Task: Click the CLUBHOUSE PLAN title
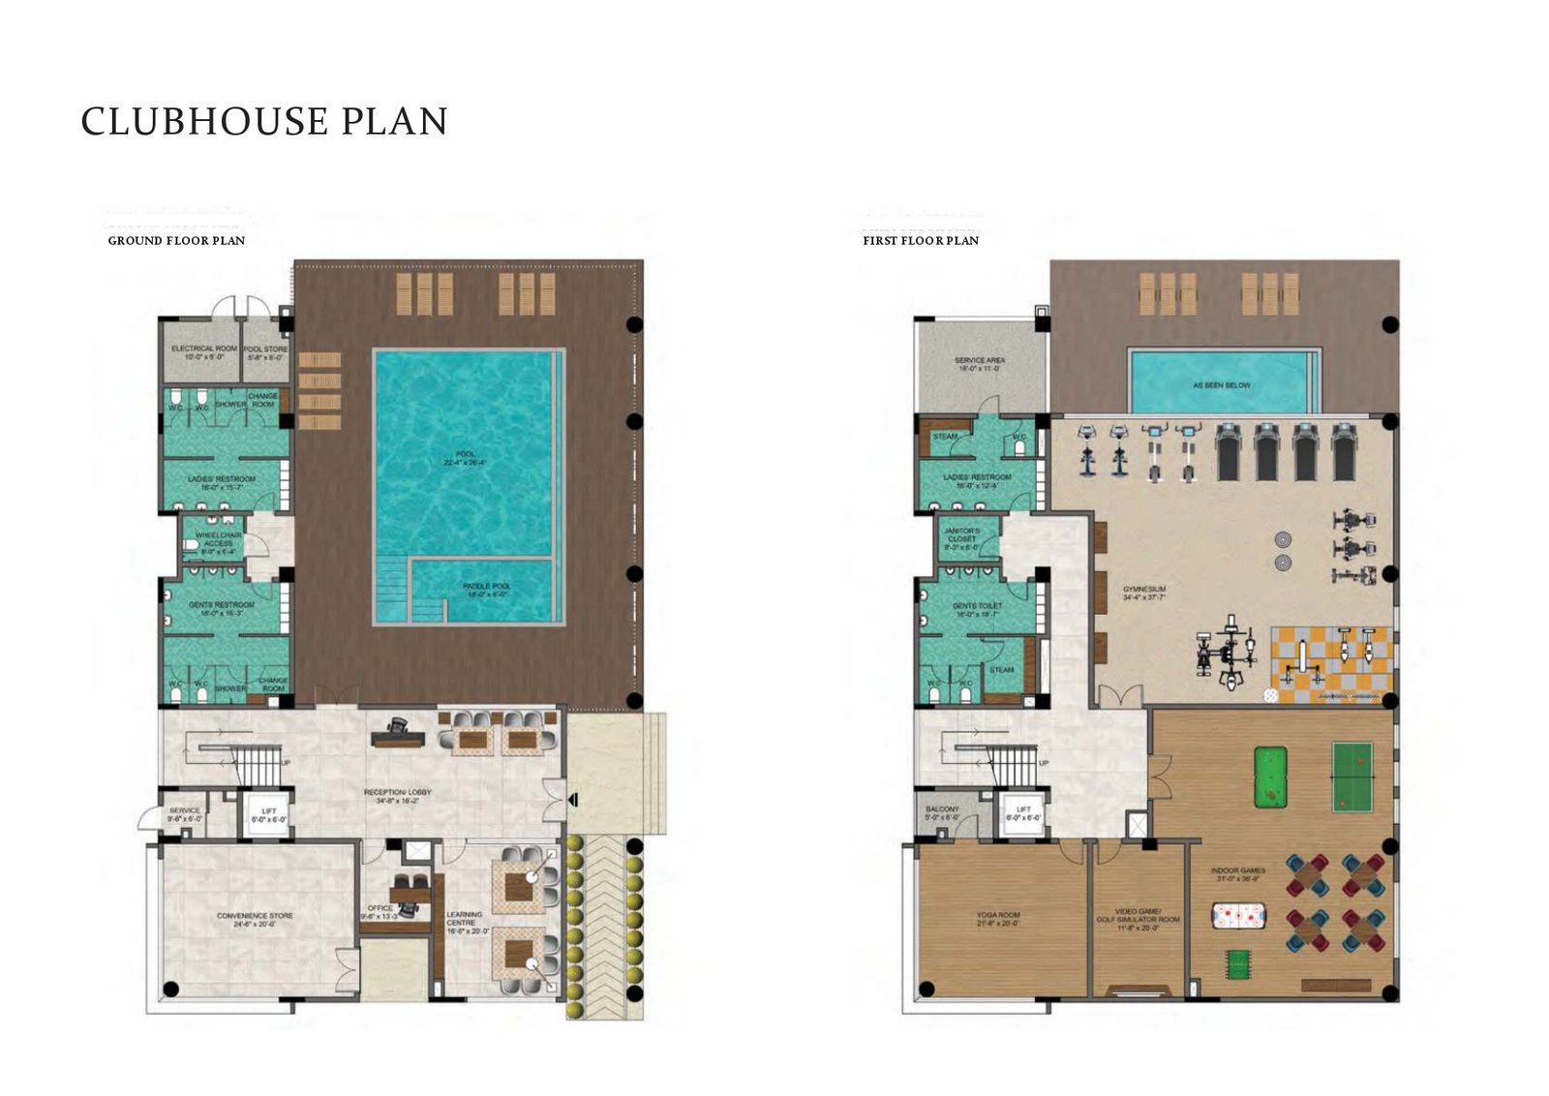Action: point(264,122)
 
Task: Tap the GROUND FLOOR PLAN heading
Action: point(176,240)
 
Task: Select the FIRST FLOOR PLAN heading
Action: point(921,240)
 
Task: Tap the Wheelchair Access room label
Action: point(219,539)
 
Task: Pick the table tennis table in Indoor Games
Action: point(1352,776)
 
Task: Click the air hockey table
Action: point(1240,915)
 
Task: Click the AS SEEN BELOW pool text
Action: point(1222,385)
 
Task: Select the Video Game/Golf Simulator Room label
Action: point(1138,915)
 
